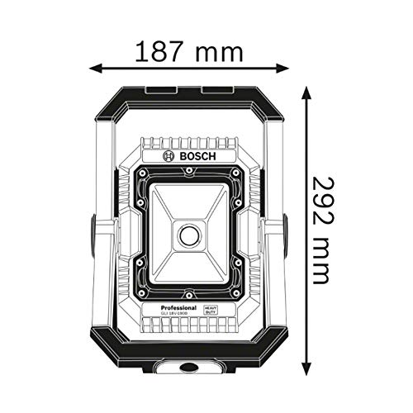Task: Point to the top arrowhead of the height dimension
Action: coord(307,89)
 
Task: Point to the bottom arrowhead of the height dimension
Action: coord(307,365)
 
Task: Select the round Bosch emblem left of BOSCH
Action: coord(169,155)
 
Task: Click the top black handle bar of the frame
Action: coord(189,92)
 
